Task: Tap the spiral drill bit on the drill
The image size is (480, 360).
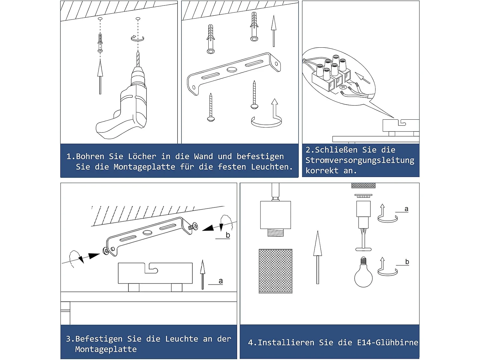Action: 138,59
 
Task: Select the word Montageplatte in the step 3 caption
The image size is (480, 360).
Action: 106,349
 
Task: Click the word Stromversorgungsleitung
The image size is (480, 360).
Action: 360,160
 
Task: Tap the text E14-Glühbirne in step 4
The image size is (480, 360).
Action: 388,342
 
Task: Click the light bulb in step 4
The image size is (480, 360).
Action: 363,272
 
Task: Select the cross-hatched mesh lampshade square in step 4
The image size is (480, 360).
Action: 276,271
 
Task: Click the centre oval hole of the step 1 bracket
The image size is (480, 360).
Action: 232,70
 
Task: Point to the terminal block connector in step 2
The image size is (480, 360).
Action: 331,73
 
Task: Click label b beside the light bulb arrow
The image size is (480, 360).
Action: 407,262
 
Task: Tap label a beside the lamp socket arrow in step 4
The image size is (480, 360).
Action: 406,209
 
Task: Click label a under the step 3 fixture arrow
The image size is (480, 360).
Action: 221,281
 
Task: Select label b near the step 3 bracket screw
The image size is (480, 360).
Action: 228,235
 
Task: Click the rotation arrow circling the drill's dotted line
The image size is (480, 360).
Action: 137,38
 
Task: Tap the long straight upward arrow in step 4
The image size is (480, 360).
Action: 317,257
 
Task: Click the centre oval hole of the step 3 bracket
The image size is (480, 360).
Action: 148,232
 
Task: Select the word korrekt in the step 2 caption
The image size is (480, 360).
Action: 322,171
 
